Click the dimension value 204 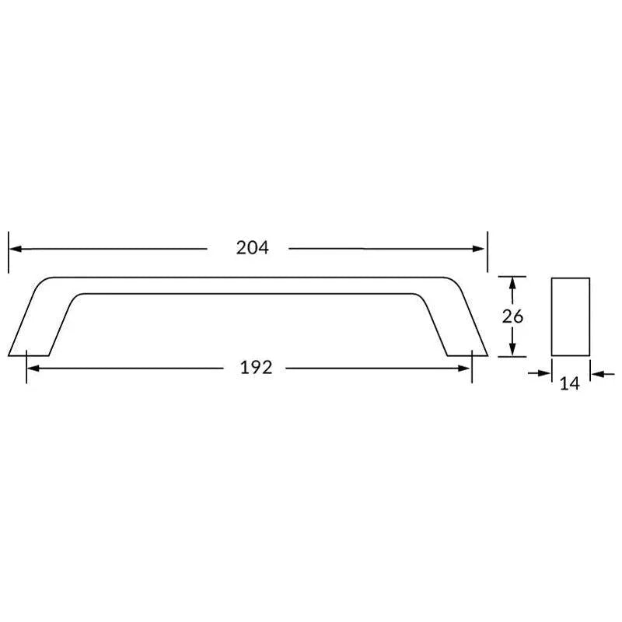(x=253, y=248)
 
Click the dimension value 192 (x=256, y=368)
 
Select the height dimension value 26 (x=513, y=316)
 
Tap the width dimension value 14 (x=571, y=383)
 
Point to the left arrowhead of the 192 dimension (x=32, y=368)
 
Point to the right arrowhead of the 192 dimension (x=466, y=368)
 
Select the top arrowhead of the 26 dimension (x=512, y=282)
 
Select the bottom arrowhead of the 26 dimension (x=512, y=351)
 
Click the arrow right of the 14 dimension (x=598, y=374)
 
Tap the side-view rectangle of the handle (x=571, y=316)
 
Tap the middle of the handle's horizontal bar (x=249, y=285)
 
